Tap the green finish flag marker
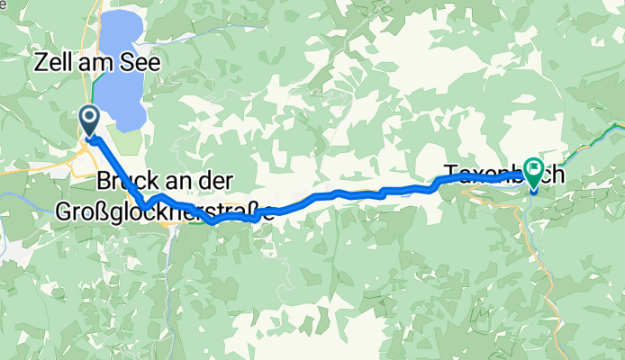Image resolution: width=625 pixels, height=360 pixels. click(534, 169)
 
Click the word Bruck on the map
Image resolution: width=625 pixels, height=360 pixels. click(124, 180)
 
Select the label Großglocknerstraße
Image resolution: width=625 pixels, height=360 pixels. click(164, 213)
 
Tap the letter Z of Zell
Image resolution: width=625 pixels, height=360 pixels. click(40, 64)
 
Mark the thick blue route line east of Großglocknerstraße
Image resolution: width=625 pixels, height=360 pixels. click(360, 193)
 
